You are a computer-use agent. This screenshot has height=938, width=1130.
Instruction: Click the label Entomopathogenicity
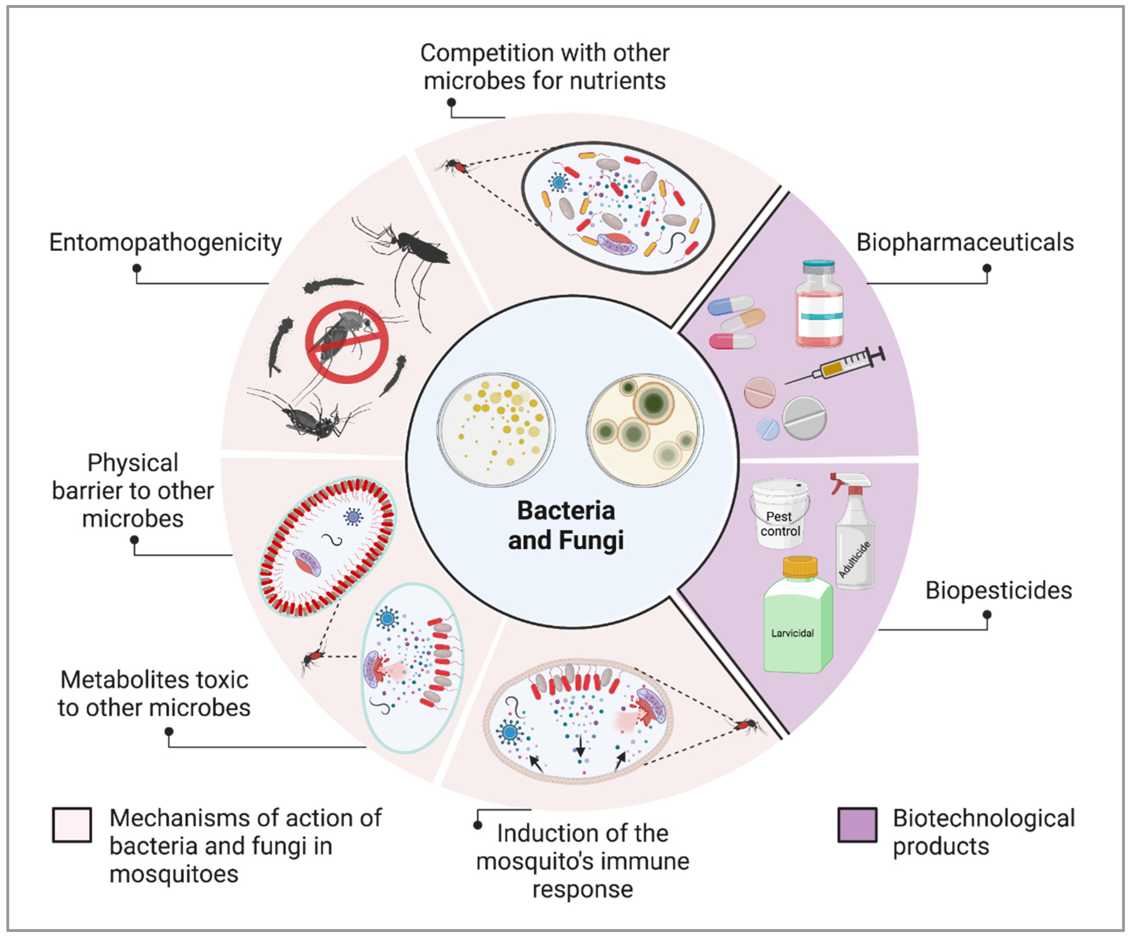point(165,243)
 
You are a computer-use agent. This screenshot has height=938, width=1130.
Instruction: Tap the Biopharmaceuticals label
point(965,243)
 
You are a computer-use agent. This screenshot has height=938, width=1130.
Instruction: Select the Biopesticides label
point(998,590)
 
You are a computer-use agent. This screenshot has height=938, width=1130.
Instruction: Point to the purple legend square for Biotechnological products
point(857,825)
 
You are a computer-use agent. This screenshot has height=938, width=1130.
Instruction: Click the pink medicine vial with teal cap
point(819,305)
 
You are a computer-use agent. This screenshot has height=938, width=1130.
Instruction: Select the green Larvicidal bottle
point(797,624)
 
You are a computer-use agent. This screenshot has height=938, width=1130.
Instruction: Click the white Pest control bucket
point(779,514)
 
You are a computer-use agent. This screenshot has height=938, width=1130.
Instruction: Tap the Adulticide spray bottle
point(854,533)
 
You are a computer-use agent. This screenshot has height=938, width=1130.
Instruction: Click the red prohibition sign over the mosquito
point(347,342)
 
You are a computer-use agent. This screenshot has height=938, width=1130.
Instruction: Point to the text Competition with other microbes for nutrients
point(545,67)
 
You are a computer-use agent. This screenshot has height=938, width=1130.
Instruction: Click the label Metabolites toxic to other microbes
point(154,694)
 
